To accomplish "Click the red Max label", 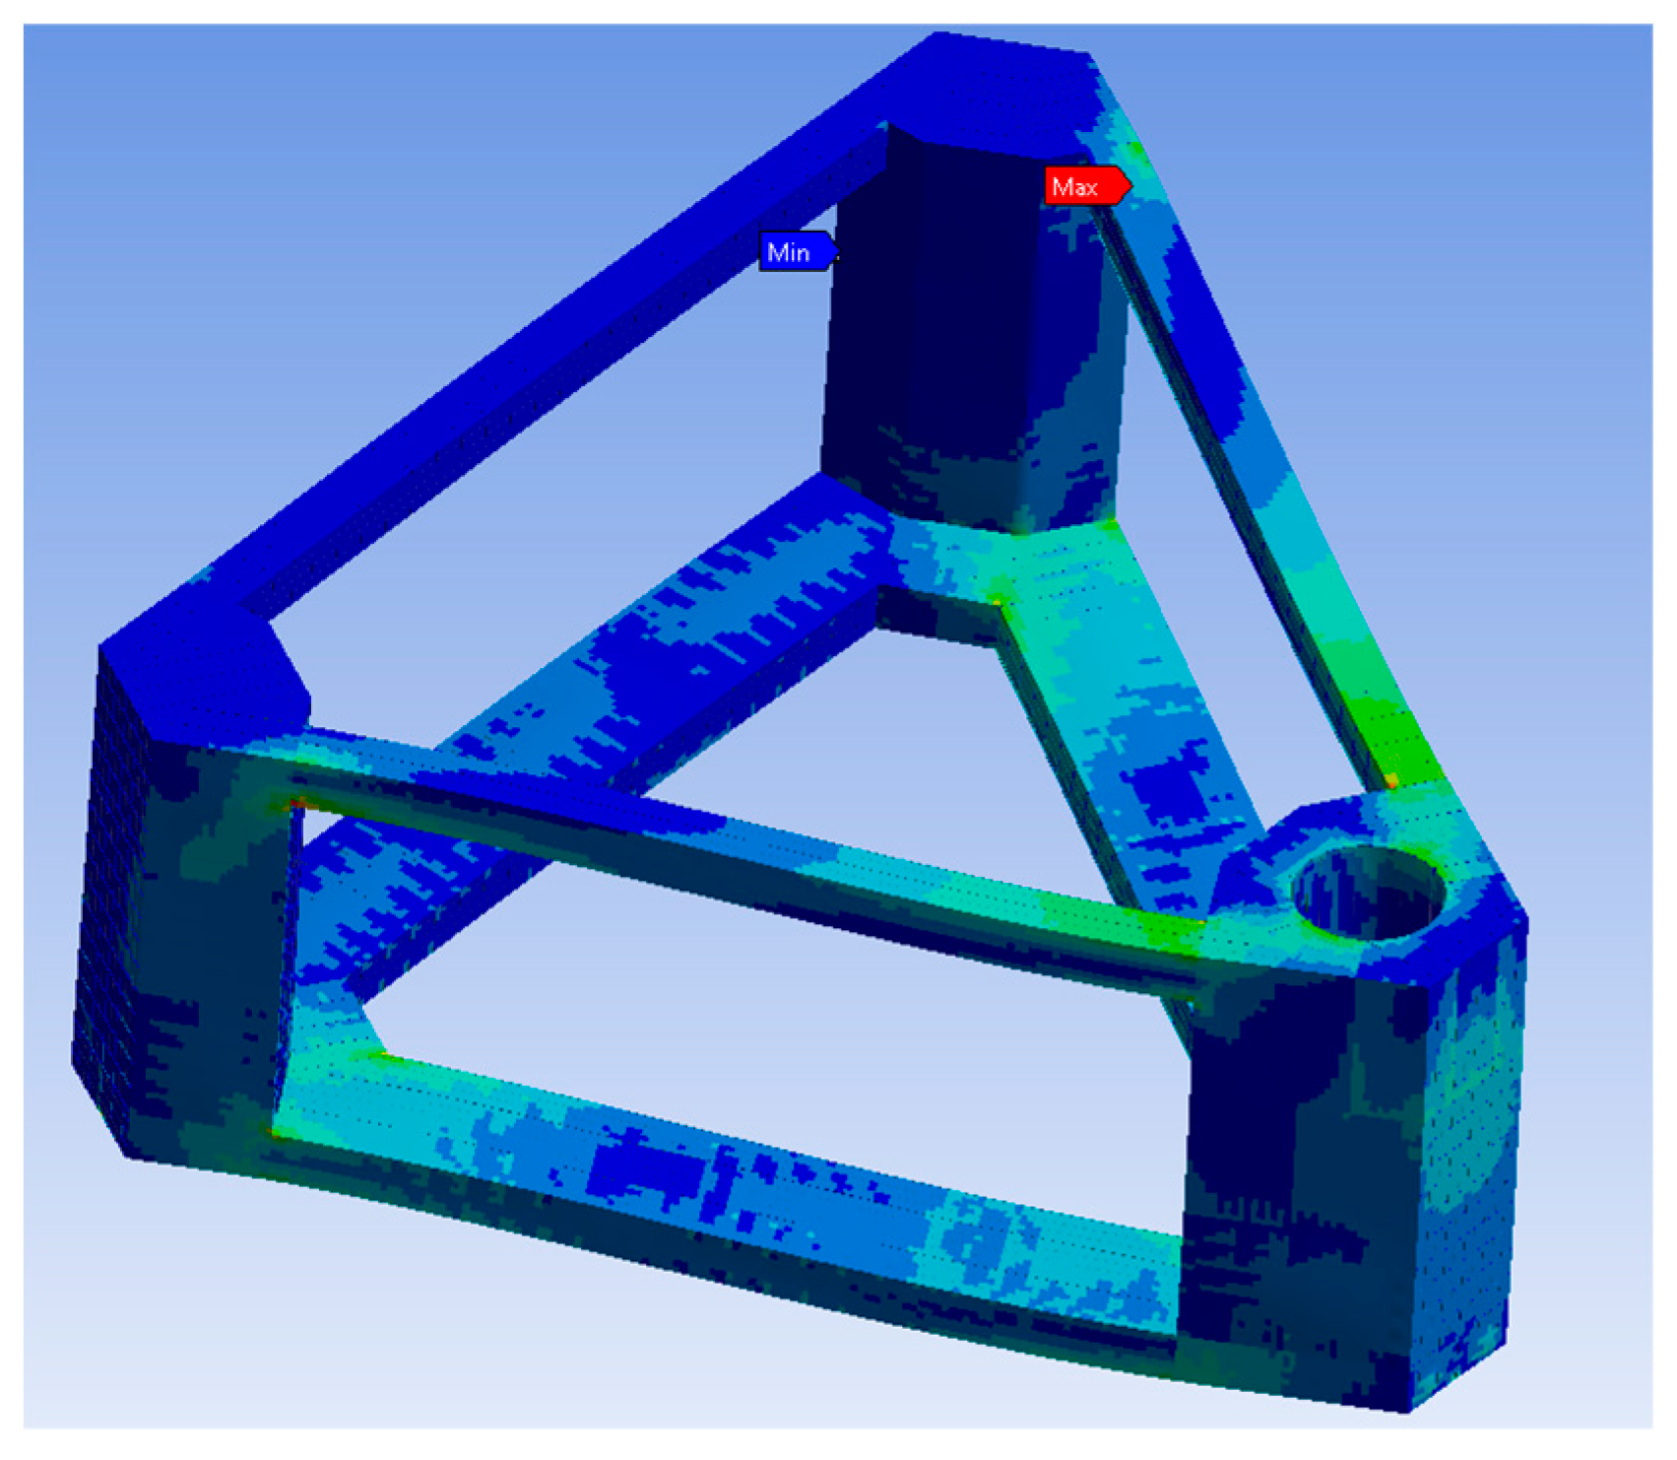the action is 1087,186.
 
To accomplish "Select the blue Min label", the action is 798,252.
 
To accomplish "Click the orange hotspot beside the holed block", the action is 1391,780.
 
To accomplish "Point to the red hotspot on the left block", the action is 294,805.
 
